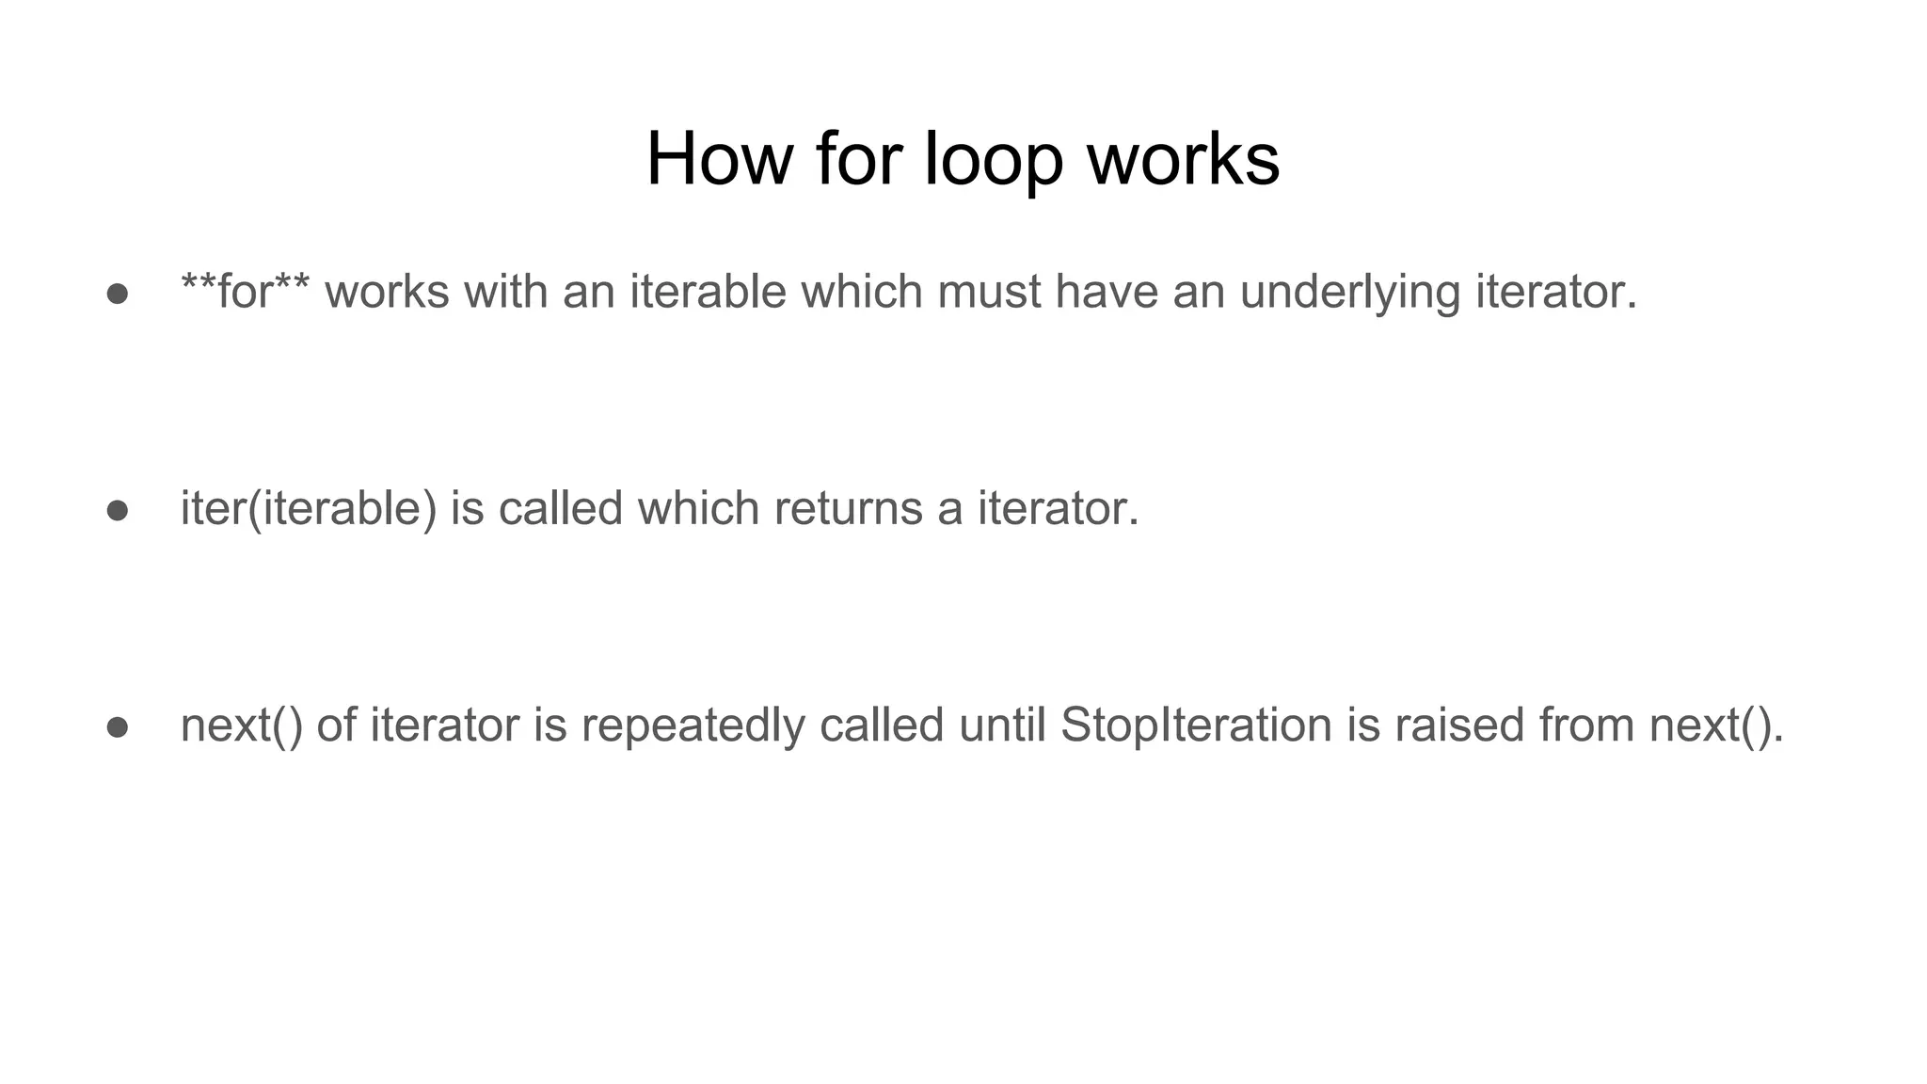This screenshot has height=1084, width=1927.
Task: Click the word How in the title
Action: [720, 159]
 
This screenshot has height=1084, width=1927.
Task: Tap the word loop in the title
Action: [994, 159]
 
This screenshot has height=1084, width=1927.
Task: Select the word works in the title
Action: [1184, 159]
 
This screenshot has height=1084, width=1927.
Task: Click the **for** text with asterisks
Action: [245, 292]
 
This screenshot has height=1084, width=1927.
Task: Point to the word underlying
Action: [1349, 292]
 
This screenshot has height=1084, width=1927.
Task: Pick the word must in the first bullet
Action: [989, 292]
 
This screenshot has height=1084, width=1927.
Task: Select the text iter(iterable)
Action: [309, 509]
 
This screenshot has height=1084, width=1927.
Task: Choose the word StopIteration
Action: [1196, 725]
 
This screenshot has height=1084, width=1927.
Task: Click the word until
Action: [1002, 725]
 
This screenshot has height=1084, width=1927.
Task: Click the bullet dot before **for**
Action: [118, 294]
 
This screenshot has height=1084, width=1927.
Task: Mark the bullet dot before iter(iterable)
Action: [118, 511]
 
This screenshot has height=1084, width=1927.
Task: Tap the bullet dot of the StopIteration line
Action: [118, 727]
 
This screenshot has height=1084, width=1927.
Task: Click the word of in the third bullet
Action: [336, 725]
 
